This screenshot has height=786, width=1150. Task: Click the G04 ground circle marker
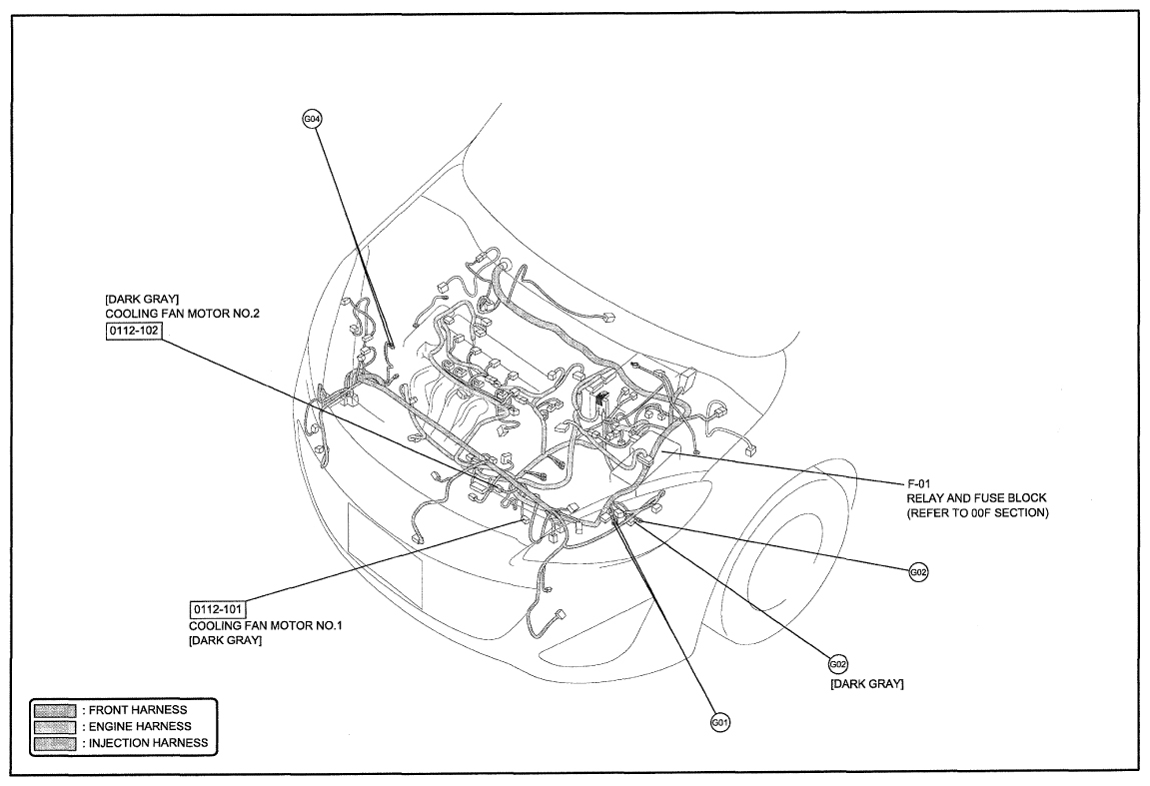(312, 118)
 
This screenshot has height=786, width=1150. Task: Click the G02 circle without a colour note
(919, 572)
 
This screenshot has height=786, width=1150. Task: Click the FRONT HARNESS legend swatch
(56, 709)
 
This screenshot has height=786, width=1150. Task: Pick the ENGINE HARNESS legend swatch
(56, 726)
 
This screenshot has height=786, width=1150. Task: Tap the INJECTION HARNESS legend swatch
(56, 743)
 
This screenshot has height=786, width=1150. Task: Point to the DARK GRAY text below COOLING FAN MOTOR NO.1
(225, 641)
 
